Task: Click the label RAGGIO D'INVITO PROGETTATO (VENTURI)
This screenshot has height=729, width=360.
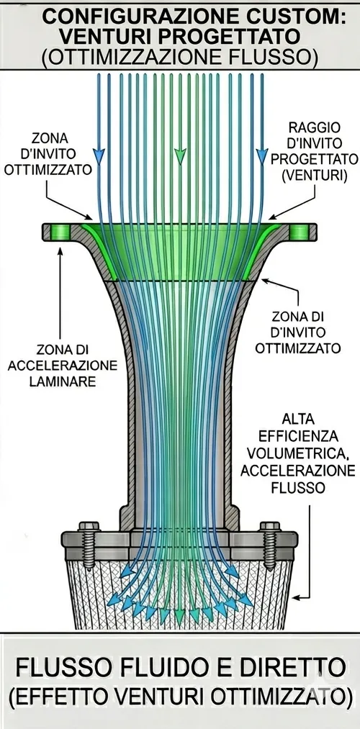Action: [x=315, y=152]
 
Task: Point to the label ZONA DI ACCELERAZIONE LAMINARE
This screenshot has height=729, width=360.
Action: [x=63, y=366]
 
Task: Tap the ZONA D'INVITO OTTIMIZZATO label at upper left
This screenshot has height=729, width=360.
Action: [x=49, y=154]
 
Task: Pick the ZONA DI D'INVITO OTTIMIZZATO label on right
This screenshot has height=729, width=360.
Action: [x=298, y=332]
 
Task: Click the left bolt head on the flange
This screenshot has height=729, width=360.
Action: [x=89, y=526]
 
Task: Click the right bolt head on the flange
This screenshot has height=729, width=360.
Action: [x=270, y=526]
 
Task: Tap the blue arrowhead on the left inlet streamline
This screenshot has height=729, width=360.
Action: [x=99, y=155]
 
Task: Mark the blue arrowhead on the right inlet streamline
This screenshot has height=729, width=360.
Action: [x=262, y=155]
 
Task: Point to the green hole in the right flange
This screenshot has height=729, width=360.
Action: [x=300, y=231]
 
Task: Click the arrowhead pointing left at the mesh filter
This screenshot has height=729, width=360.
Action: [x=294, y=597]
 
